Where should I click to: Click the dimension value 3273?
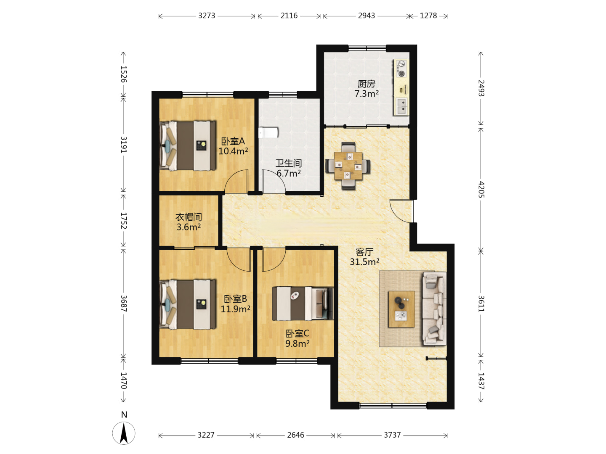[207, 16]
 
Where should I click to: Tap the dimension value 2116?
[289, 16]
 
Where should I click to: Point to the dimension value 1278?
[428, 16]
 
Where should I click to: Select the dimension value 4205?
[481, 189]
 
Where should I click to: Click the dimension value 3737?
[392, 435]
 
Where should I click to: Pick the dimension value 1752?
[123, 221]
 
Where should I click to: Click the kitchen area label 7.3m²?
[367, 94]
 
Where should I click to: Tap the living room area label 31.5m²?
[364, 261]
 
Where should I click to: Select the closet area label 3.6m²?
[189, 227]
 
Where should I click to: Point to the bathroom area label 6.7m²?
[289, 173]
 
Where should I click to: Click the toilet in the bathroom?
[268, 132]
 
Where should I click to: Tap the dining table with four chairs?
[348, 166]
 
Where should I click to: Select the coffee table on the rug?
[401, 309]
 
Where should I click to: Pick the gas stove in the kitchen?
[401, 69]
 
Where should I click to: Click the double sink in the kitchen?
[401, 106]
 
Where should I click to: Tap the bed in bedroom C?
[303, 304]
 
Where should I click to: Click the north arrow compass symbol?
[124, 433]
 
